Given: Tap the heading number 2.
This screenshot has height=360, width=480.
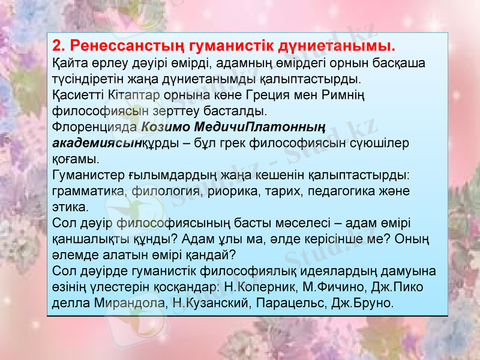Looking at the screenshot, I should pyautogui.click(x=58, y=46).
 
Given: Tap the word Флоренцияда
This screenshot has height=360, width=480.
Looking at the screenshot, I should pyautogui.click(x=95, y=127).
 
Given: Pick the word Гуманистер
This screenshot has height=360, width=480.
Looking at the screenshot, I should pyautogui.click(x=88, y=175).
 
